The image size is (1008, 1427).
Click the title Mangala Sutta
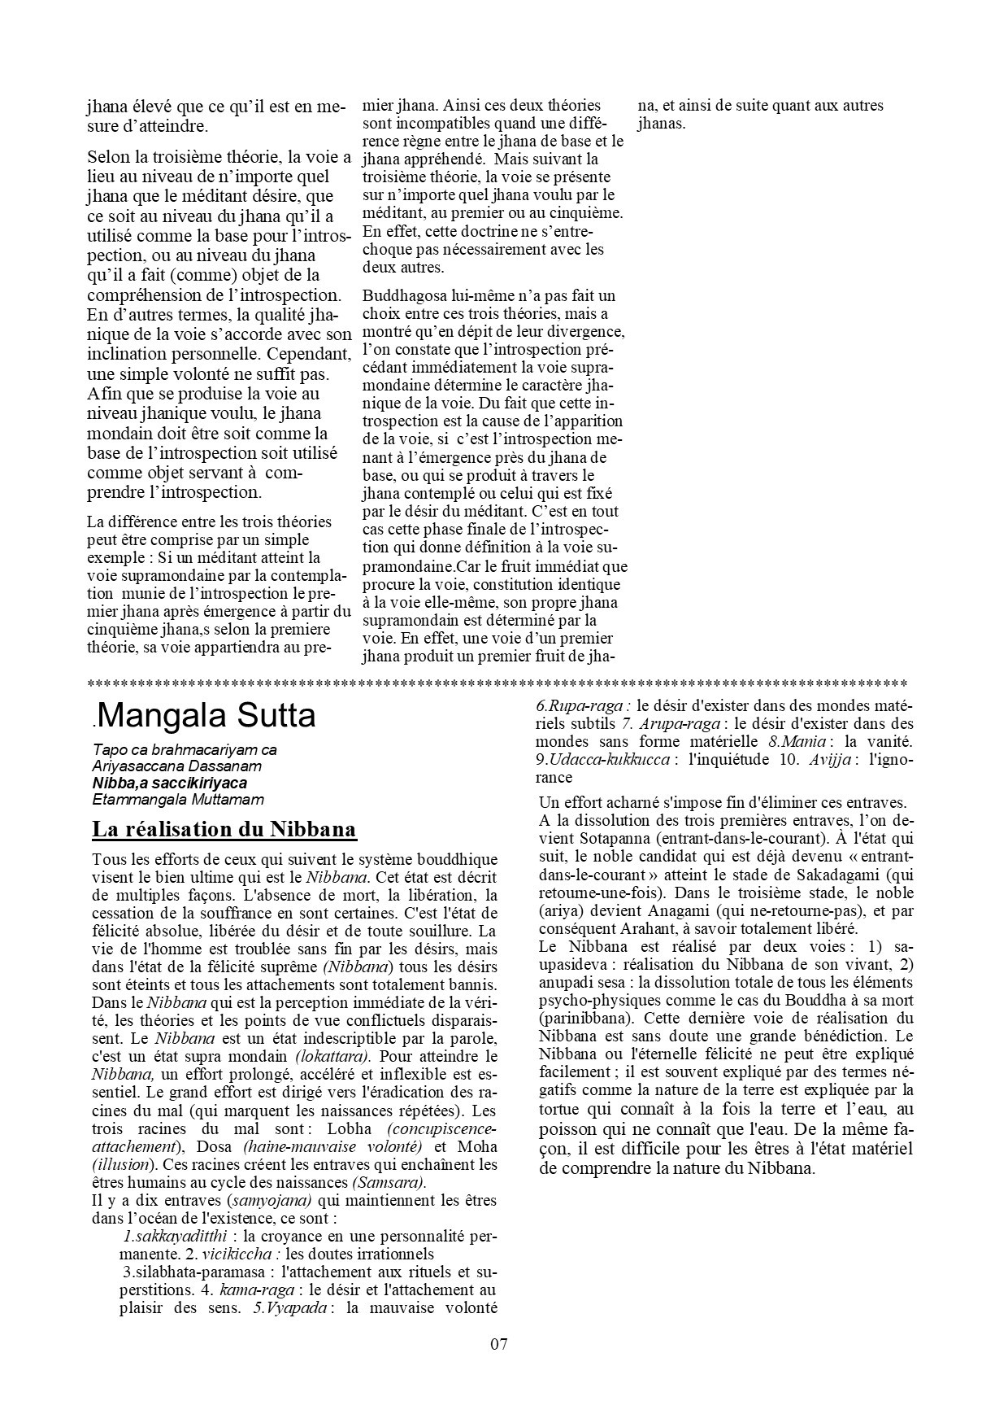[205, 716]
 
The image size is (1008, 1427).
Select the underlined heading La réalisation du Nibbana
[224, 830]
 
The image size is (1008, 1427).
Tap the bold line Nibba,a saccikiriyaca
[170, 783]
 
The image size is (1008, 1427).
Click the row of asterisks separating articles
[497, 682]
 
